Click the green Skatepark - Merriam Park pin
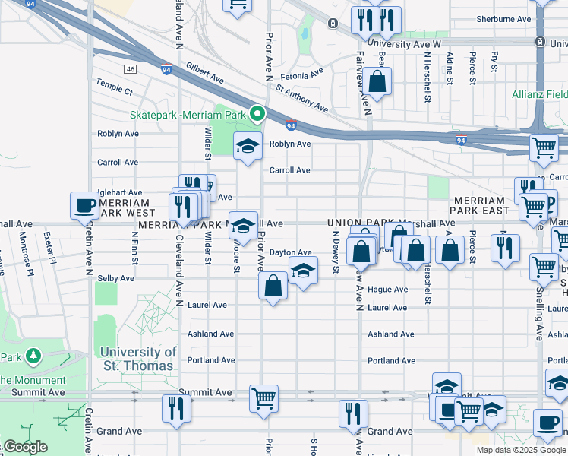(x=257, y=115)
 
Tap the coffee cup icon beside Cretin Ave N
(x=84, y=204)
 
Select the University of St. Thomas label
(x=138, y=359)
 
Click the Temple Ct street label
(x=115, y=91)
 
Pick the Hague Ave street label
(x=387, y=290)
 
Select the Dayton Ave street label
(x=291, y=252)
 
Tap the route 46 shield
(x=131, y=69)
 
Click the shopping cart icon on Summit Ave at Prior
(x=263, y=397)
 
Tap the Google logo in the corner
(x=24, y=447)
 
